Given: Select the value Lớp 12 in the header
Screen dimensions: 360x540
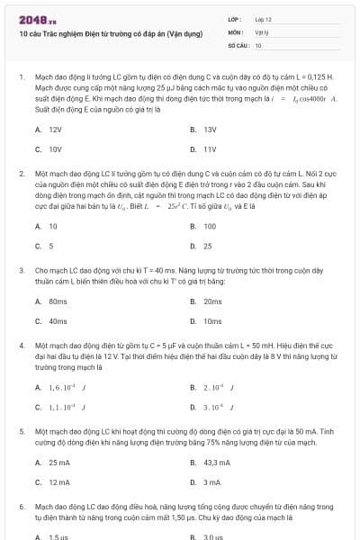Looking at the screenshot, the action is coord(263,19).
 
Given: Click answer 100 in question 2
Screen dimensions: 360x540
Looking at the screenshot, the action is coord(210,226).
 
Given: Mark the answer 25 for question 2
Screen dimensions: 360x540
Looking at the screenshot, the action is coord(208,245).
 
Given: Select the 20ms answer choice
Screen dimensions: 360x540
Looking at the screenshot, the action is coord(212,301).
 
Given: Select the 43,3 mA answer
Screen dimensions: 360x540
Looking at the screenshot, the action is coord(217,463).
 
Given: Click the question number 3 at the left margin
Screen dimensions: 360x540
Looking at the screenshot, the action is coord(21,269).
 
